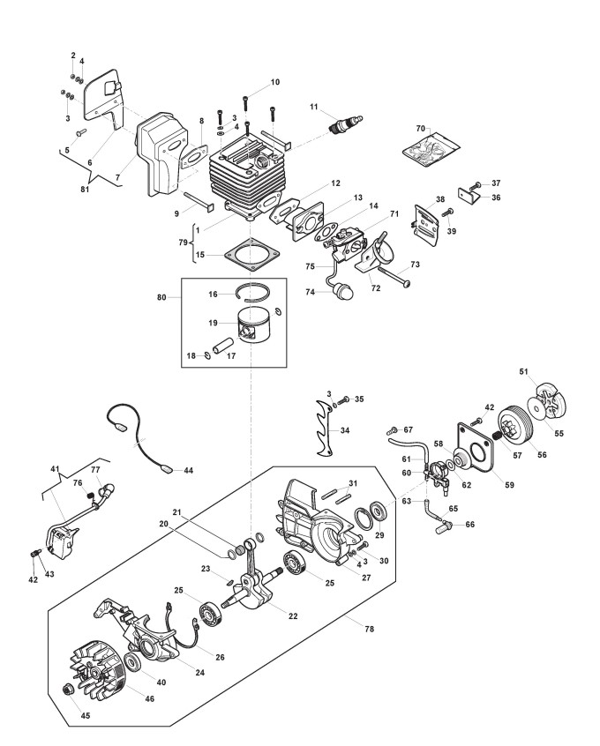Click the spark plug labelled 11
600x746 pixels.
click(347, 124)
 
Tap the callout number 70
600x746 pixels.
click(421, 129)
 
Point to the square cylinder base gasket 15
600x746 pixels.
click(251, 254)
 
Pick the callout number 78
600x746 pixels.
click(369, 629)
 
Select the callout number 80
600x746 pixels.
click(161, 297)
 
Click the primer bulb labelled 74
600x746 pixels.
click(343, 291)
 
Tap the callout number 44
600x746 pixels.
click(189, 470)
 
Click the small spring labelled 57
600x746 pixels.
click(498, 435)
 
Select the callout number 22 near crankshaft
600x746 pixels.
click(293, 616)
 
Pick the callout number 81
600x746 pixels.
click(85, 190)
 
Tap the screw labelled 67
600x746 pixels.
click(393, 430)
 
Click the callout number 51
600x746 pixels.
click(524, 371)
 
